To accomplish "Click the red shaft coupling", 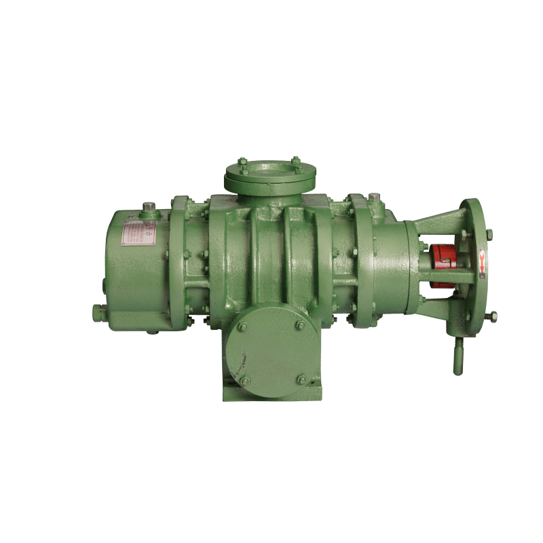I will pos(443,264).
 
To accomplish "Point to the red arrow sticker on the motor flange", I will pos(482,261).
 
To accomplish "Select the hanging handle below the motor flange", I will pos(457,356).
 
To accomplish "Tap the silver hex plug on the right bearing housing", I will pos(374,198).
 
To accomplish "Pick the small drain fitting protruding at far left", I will pos(99,312).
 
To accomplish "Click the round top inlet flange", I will pos(270,175).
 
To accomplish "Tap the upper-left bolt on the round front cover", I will pos(242,327).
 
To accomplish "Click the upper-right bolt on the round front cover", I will pos(300,326).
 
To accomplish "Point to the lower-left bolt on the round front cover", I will pos(244,381).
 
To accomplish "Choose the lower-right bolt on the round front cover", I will pos(300,379).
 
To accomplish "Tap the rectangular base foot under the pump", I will pos(271,392).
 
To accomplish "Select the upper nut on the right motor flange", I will pos(489,234).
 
